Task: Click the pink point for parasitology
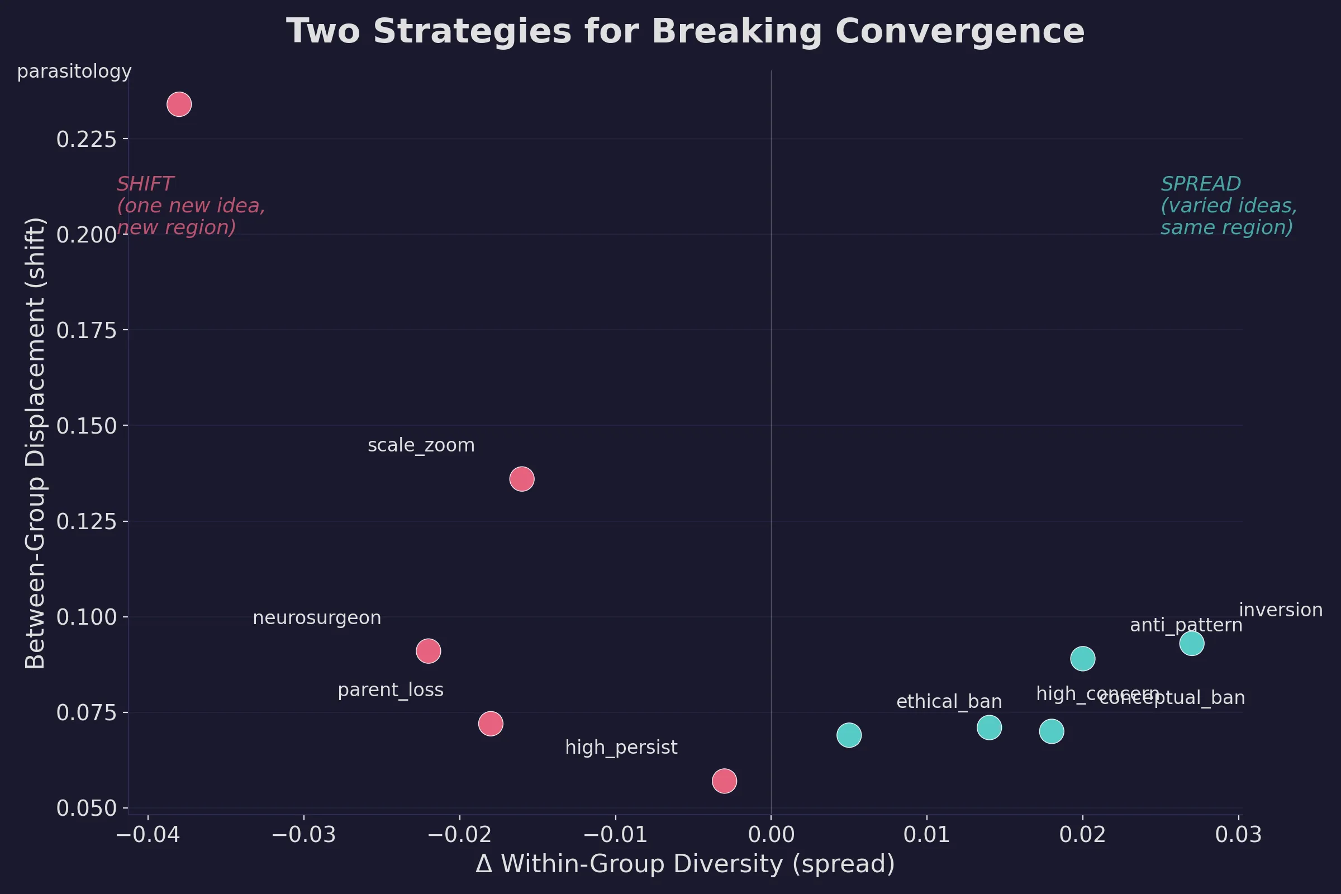point(179,104)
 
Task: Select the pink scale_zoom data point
point(522,479)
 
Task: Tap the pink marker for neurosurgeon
point(428,651)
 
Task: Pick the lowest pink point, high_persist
point(724,781)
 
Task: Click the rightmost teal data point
point(1192,644)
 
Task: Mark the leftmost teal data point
point(849,735)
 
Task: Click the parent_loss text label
point(391,691)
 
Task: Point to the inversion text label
point(1281,610)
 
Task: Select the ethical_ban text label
point(949,702)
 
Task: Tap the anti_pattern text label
point(1186,625)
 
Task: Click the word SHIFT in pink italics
point(145,184)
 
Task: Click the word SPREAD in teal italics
point(1201,184)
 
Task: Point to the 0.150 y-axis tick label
point(86,426)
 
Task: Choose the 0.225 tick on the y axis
point(86,140)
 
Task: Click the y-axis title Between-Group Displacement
point(35,443)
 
